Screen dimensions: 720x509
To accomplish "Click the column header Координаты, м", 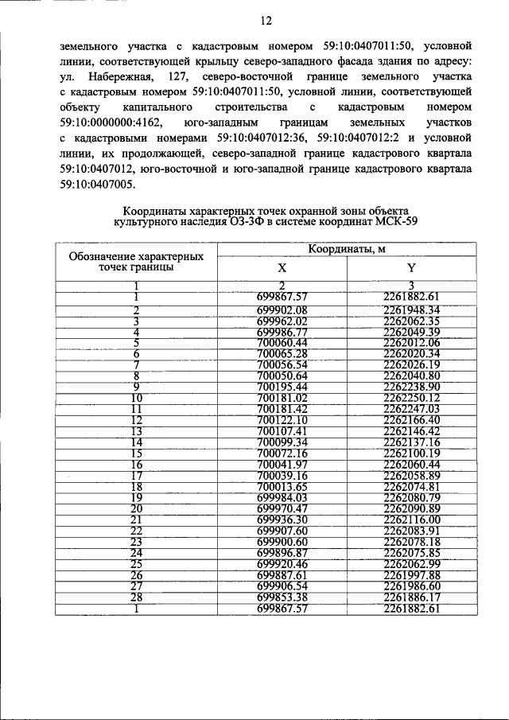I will [346, 249].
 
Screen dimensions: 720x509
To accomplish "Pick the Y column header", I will [411, 268].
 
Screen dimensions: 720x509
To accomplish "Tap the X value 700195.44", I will [282, 387].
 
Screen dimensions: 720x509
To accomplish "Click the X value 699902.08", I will [282, 309].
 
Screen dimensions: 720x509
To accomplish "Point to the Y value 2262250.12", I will [411, 398].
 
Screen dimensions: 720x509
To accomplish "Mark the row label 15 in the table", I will [136, 453].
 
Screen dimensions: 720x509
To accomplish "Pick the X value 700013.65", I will [282, 487].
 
